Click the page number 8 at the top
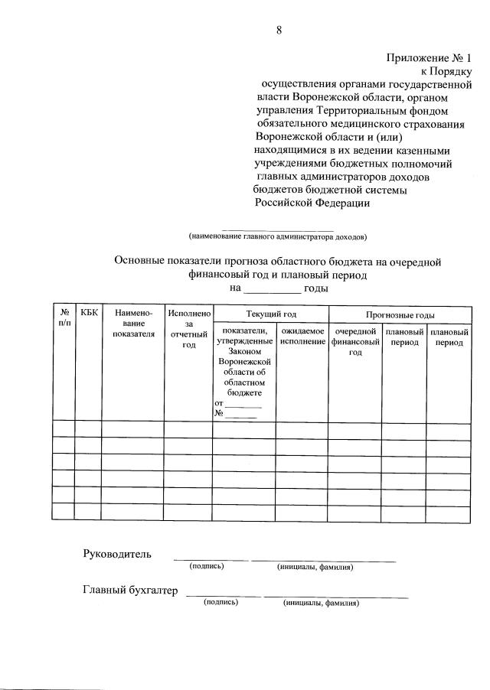[x=279, y=31]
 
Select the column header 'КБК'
[x=89, y=313]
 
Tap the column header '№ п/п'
[x=64, y=319]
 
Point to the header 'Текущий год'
[x=270, y=314]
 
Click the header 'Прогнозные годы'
[x=400, y=314]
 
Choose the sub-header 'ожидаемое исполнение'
[x=302, y=337]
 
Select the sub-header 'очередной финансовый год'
[x=355, y=342]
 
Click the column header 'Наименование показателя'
[x=133, y=323]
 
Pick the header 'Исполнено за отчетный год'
[x=188, y=329]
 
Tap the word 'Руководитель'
[x=117, y=553]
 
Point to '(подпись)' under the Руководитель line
[x=207, y=567]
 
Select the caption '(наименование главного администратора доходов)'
[x=278, y=236]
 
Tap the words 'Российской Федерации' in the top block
[x=312, y=203]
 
